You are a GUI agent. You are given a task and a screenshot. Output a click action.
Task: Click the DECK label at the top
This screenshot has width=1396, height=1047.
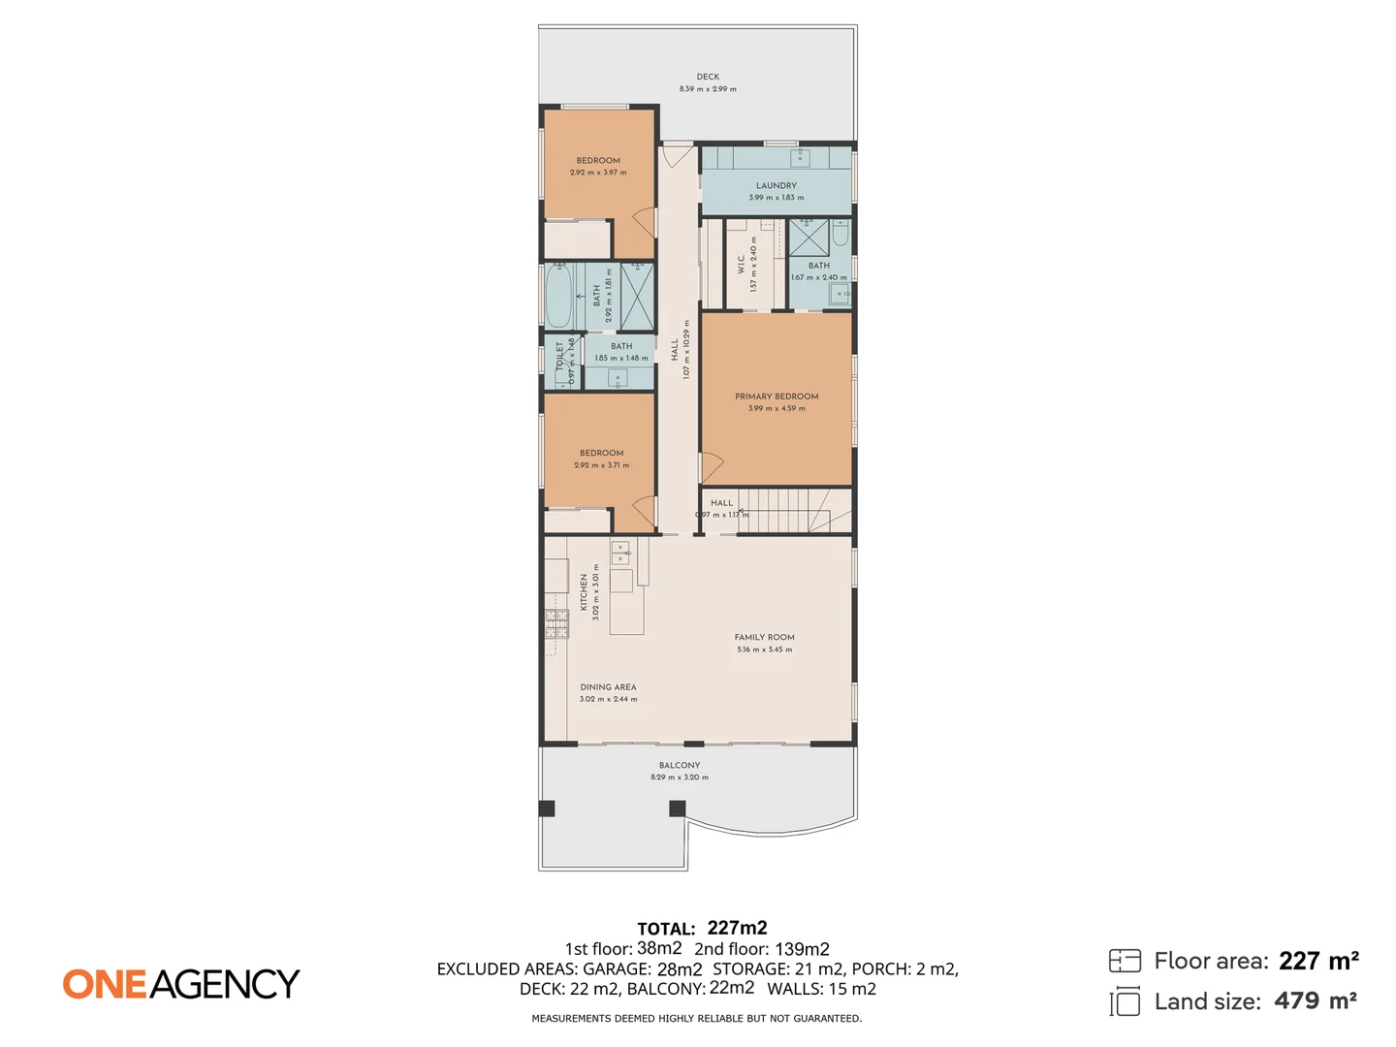pyautogui.click(x=708, y=77)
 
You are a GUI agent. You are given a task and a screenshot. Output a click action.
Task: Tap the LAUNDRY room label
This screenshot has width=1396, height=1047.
pyautogui.click(x=776, y=185)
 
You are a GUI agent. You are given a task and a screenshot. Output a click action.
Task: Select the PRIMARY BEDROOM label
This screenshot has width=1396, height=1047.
pyautogui.click(x=777, y=397)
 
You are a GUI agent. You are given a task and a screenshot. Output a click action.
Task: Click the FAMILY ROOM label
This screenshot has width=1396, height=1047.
pyautogui.click(x=764, y=637)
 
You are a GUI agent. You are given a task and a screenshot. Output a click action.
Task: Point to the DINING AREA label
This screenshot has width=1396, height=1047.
pyautogui.click(x=608, y=687)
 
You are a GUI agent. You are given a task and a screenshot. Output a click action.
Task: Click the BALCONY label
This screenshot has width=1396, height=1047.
pyautogui.click(x=679, y=765)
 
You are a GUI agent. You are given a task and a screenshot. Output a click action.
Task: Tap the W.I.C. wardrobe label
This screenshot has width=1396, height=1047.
pyautogui.click(x=742, y=265)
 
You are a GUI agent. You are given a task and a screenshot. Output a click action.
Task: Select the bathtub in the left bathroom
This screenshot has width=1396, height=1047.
pyautogui.click(x=558, y=296)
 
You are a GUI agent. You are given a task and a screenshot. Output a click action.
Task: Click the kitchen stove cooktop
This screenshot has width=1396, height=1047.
pyautogui.click(x=556, y=623)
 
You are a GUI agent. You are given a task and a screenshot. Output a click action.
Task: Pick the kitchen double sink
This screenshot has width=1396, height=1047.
pyautogui.click(x=620, y=554)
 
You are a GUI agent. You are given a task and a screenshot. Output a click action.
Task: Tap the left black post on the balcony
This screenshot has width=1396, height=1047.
pyautogui.click(x=547, y=809)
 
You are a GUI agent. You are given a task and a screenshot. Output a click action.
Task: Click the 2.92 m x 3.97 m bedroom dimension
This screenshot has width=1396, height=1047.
pyautogui.click(x=598, y=173)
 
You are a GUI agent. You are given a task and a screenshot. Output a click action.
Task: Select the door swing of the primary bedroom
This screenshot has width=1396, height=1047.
pyautogui.click(x=712, y=467)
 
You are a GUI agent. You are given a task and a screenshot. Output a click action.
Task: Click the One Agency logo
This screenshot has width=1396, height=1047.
pyautogui.click(x=181, y=984)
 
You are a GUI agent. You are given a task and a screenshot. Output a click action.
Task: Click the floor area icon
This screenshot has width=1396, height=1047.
pyautogui.click(x=1125, y=961)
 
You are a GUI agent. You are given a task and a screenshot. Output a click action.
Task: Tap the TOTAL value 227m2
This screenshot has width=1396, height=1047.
pyautogui.click(x=737, y=928)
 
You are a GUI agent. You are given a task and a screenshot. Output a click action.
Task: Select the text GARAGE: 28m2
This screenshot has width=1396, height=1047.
pyautogui.click(x=642, y=969)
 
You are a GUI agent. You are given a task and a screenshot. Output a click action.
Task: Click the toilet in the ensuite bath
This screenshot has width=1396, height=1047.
pyautogui.click(x=841, y=233)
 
